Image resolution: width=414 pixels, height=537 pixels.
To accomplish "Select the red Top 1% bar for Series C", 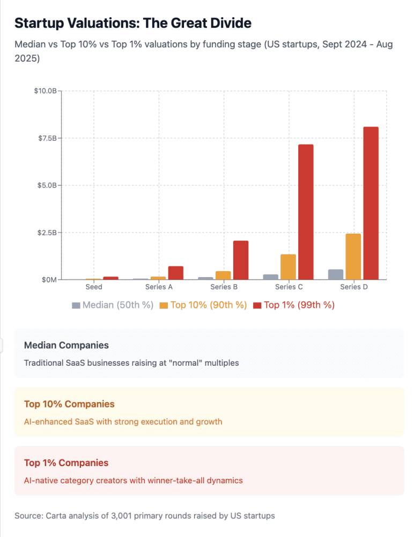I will coord(306,212).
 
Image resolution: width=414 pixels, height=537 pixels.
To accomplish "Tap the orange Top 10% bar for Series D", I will coord(353,257).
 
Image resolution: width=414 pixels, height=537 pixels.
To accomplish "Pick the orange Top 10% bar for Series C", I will coord(289,267).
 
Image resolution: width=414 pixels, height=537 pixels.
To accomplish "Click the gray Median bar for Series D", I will coord(336,274).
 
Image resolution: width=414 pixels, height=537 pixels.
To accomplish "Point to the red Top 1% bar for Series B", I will coord(241,260).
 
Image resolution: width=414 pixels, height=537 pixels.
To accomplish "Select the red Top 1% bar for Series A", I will coord(176,273).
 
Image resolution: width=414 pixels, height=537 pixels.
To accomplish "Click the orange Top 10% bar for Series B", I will coord(223,275).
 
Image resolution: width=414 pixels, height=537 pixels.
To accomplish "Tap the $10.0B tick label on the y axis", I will coord(45,91).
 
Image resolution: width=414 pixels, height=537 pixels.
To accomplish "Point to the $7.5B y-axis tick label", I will coord(47,138).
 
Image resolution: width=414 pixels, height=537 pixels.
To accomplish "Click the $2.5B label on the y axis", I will coord(47,233).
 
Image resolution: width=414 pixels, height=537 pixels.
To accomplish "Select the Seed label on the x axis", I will coord(94,287).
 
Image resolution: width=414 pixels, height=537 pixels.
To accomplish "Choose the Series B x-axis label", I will coord(224,287).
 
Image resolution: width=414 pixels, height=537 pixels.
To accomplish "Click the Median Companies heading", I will coord(66,345).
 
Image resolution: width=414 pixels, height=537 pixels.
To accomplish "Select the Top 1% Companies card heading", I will coord(66,463).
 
